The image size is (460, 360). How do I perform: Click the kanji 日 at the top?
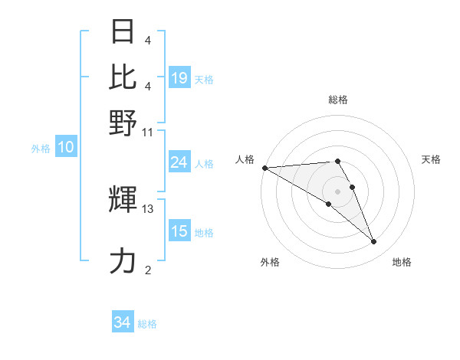pyautogui.click(x=123, y=32)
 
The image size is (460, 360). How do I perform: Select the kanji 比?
pyautogui.click(x=123, y=77)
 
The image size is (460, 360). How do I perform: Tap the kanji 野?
pyautogui.click(x=123, y=123)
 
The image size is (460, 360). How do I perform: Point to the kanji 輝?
pyautogui.click(x=123, y=200)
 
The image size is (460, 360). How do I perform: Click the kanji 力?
pyautogui.click(x=123, y=261)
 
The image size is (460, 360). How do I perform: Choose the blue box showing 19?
pyautogui.click(x=179, y=79)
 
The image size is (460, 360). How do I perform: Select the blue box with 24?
pyautogui.click(x=179, y=162)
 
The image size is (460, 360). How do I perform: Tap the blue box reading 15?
pyautogui.click(x=179, y=231)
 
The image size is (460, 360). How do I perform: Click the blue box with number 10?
pyautogui.click(x=65, y=148)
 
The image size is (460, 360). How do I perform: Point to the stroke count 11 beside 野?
pyautogui.click(x=148, y=132)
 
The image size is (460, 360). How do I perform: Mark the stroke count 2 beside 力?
pyautogui.click(x=148, y=270)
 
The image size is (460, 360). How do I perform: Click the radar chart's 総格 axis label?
pyautogui.click(x=337, y=100)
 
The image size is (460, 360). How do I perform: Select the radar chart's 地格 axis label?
pyautogui.click(x=402, y=263)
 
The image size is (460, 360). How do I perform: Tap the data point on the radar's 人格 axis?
pyautogui.click(x=264, y=168)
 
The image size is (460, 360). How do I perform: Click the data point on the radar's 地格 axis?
pyautogui.click(x=374, y=242)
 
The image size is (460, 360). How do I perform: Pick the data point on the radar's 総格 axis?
pyautogui.click(x=337, y=161)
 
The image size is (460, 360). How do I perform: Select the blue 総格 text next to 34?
pyautogui.click(x=147, y=324)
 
